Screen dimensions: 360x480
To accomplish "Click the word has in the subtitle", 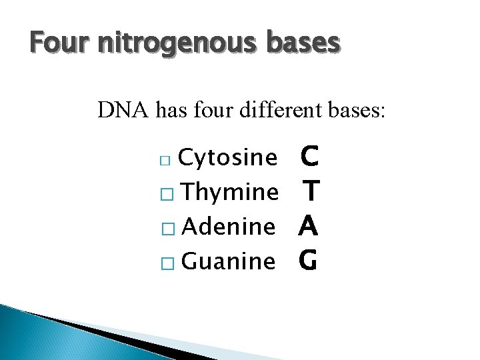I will (171, 109).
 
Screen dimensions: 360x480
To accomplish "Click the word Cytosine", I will (228, 158).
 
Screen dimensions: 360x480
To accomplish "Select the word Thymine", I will (229, 193).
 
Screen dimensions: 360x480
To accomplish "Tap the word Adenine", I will (228, 227).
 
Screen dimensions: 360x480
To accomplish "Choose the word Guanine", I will (228, 261).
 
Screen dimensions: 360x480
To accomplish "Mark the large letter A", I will (308, 227).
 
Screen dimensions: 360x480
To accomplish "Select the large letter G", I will (308, 261).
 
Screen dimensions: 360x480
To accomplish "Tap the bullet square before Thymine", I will (169, 194).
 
